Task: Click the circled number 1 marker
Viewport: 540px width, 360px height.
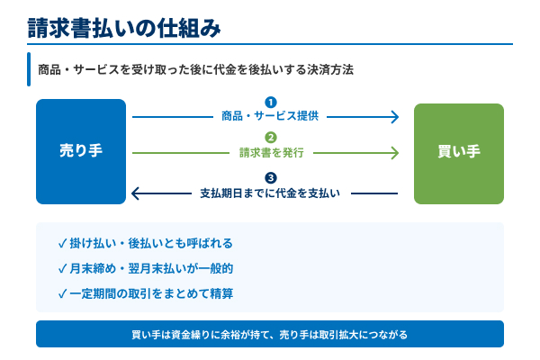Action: click(x=270, y=102)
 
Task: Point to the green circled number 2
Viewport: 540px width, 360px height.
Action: click(x=270, y=138)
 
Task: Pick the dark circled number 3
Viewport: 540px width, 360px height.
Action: click(x=270, y=177)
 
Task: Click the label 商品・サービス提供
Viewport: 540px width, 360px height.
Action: click(x=270, y=116)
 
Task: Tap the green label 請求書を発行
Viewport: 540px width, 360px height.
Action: click(x=270, y=153)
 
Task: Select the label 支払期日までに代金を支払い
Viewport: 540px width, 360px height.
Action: click(x=270, y=193)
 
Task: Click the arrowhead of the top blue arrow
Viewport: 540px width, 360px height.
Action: click(x=394, y=116)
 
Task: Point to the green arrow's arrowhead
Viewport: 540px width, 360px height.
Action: click(x=394, y=153)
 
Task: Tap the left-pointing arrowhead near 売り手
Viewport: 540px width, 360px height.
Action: click(x=136, y=193)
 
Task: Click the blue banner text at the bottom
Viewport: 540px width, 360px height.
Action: click(x=270, y=334)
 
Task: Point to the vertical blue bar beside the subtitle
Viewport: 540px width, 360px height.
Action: click(x=30, y=69)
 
